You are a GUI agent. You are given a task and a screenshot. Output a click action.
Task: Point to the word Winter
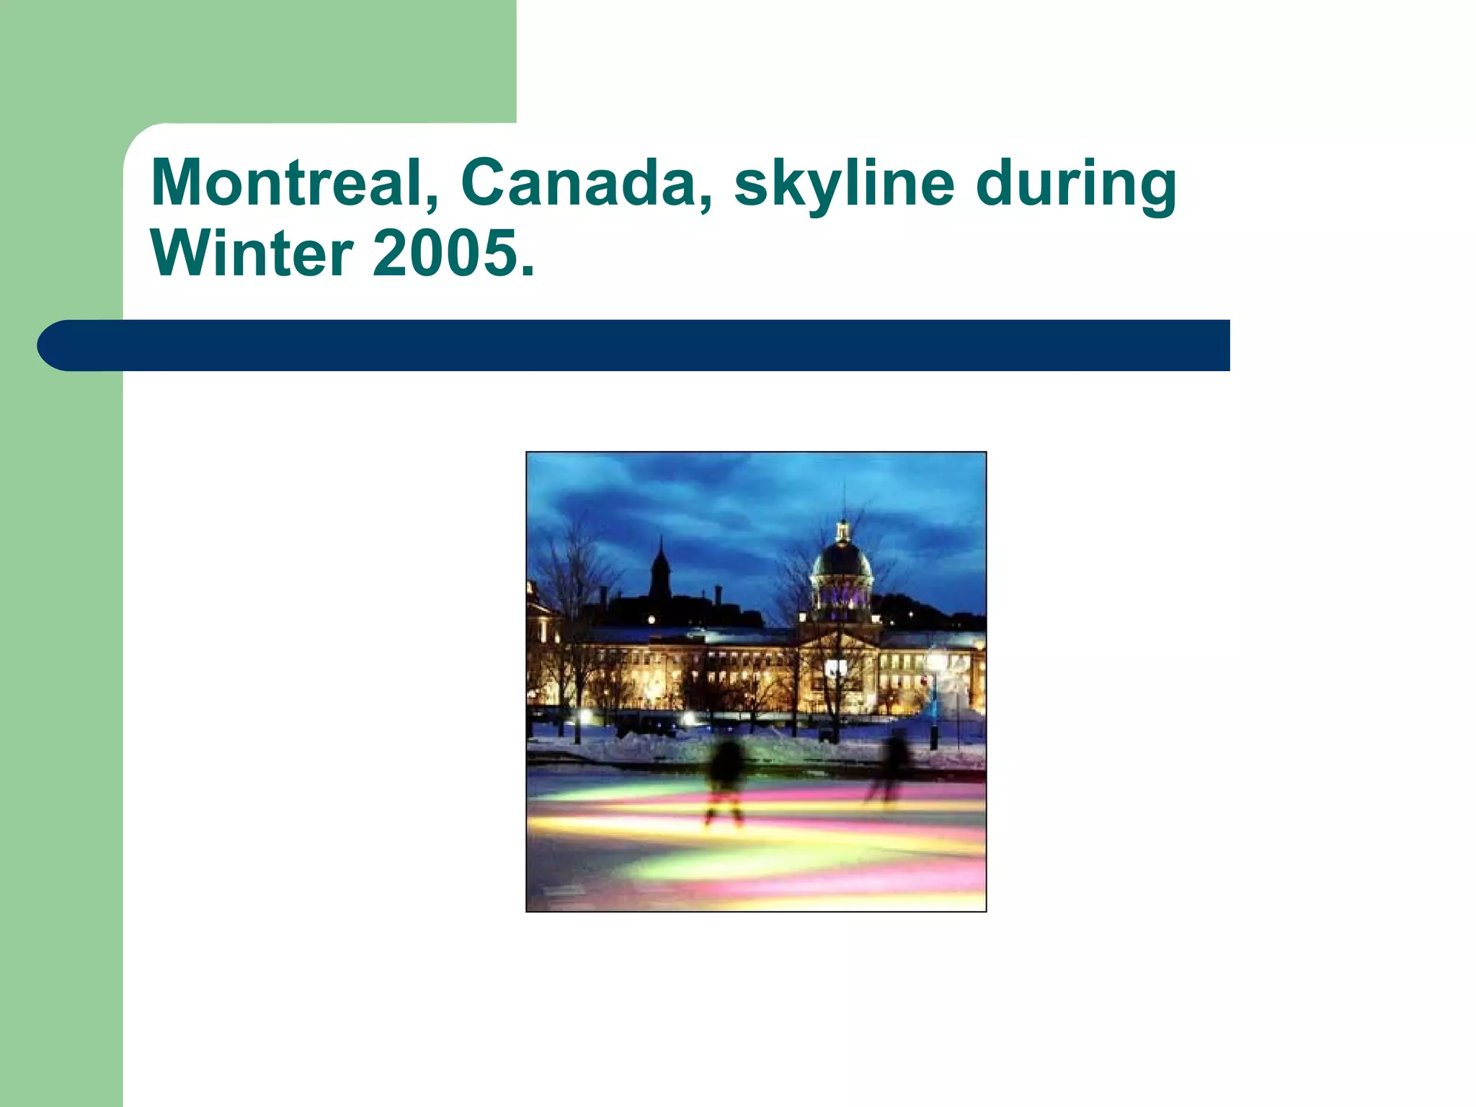click(x=252, y=253)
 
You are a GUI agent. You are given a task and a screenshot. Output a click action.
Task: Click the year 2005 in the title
click(x=443, y=253)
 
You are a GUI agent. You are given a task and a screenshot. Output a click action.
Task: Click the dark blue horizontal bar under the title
click(x=649, y=345)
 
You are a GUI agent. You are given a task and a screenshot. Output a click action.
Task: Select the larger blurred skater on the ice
click(x=725, y=771)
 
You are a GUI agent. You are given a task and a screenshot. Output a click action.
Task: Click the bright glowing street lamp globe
click(x=935, y=659)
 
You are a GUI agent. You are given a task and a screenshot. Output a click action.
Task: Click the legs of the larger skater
click(x=724, y=811)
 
